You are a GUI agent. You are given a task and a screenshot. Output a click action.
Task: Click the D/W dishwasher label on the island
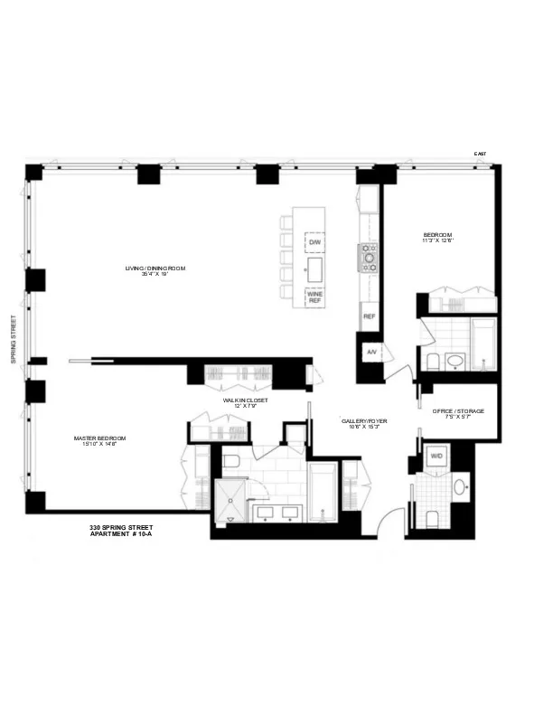point(315,244)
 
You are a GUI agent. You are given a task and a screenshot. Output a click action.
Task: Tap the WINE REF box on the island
point(315,297)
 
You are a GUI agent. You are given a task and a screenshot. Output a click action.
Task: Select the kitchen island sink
point(315,268)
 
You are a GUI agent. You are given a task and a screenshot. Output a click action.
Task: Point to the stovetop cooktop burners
point(369,258)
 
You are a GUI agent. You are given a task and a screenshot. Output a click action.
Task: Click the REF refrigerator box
point(369,317)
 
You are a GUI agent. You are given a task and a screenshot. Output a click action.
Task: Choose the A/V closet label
point(370,352)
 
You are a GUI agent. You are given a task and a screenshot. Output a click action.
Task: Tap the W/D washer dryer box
point(436,457)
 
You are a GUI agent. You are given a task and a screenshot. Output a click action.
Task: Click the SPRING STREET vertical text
point(14,339)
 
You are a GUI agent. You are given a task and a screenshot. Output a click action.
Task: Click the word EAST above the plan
point(480,154)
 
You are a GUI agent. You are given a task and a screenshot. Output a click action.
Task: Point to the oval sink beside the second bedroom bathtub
point(456,362)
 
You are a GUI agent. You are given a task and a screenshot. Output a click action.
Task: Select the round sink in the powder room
point(459,486)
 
